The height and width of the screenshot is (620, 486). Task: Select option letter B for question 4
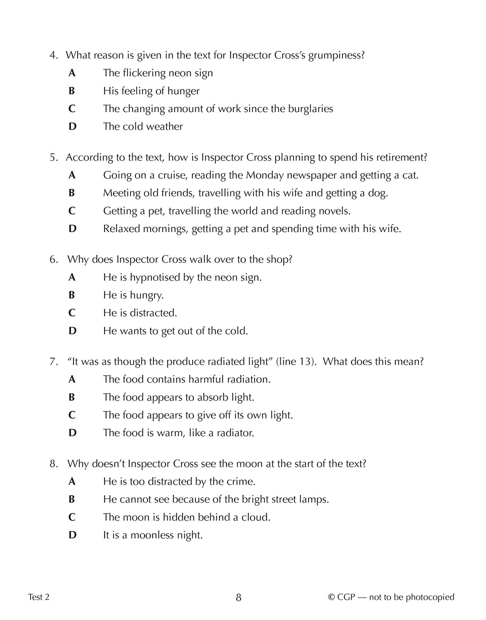(x=72, y=91)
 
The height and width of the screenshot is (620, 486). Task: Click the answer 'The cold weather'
(x=143, y=126)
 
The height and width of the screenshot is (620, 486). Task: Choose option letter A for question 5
(x=72, y=175)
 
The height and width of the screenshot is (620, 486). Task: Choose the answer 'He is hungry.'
(x=133, y=295)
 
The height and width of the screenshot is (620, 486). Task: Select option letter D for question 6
(x=72, y=331)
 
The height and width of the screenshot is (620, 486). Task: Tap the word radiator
(x=235, y=433)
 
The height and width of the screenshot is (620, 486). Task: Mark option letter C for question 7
(x=72, y=415)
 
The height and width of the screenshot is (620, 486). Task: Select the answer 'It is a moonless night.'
(x=153, y=535)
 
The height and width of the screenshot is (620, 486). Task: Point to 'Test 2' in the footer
(x=39, y=597)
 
